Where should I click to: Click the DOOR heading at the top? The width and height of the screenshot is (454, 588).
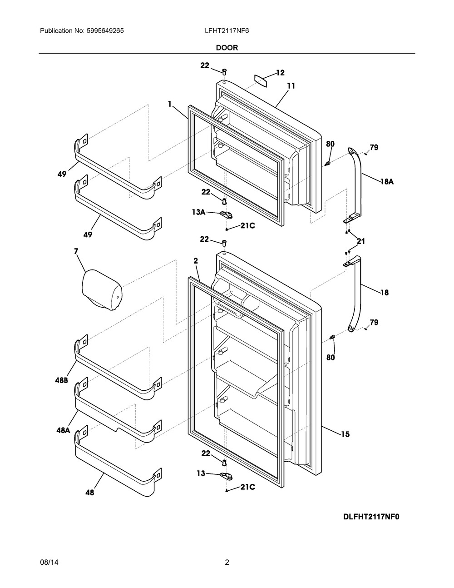coord(227,48)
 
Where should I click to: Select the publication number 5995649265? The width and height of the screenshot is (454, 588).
coord(105,31)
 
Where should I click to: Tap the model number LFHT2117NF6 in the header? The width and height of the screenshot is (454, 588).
coord(227,31)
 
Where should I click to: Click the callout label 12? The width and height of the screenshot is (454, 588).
coord(280,73)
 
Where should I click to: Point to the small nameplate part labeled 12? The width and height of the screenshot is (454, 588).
coord(261,81)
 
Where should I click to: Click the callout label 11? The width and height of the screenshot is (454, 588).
coord(291,86)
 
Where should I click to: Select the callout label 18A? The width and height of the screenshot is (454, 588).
coord(387,182)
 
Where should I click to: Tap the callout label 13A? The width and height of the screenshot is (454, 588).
coord(199,212)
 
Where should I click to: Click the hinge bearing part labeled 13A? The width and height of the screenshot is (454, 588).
coord(227,216)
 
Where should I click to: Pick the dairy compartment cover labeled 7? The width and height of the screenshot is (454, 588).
coord(102,290)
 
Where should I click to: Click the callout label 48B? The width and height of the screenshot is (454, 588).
coord(62,380)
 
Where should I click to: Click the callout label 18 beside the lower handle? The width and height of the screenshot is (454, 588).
coord(385,293)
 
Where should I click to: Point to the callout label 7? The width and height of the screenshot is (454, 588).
coord(76,251)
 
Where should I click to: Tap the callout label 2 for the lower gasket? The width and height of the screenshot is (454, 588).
coord(196,261)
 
